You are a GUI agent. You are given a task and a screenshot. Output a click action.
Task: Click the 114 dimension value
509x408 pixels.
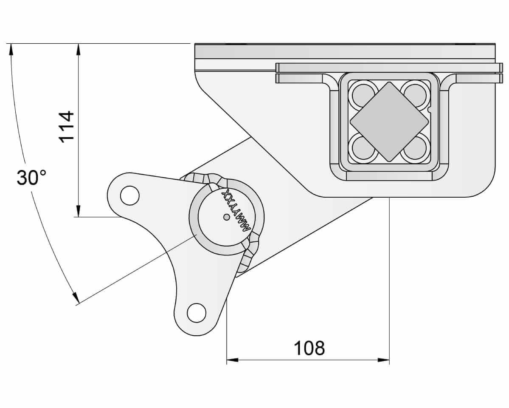(x=67, y=127)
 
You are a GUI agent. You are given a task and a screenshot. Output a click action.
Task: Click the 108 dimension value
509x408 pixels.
(x=309, y=348)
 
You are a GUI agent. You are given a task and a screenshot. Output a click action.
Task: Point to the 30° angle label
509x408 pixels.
(x=31, y=178)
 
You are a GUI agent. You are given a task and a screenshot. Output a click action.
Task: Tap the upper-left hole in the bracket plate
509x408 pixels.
(x=130, y=195)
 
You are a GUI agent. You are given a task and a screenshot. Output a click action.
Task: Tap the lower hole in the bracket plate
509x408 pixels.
(x=197, y=313)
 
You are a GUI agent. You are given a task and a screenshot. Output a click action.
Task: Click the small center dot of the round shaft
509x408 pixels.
(x=227, y=217)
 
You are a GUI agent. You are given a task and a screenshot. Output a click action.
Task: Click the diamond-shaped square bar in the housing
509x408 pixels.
(x=389, y=122)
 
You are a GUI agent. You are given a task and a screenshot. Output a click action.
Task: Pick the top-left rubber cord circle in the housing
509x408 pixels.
(x=363, y=95)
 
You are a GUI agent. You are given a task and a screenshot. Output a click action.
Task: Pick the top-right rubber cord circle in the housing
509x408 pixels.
(x=415, y=95)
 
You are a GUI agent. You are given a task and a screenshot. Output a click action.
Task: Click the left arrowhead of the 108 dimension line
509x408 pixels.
(x=232, y=360)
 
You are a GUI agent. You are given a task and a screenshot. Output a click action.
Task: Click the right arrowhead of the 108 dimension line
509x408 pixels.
(x=384, y=360)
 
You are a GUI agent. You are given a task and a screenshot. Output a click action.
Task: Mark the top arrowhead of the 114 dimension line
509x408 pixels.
(x=78, y=49)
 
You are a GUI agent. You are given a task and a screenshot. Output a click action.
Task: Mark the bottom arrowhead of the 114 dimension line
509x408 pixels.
(x=78, y=211)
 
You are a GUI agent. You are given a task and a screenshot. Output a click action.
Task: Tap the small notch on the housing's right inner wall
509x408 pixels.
(x=429, y=110)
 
